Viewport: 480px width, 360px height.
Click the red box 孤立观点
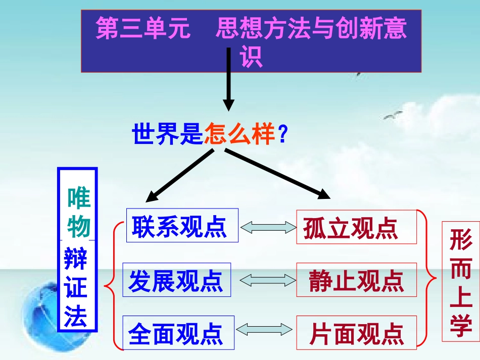pyautogui.click(x=356, y=227)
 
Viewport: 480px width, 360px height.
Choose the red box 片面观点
pyautogui.click(x=356, y=333)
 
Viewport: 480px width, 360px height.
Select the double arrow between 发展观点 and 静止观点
pyautogui.click(x=268, y=280)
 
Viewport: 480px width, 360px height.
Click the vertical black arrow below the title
pyautogui.click(x=229, y=81)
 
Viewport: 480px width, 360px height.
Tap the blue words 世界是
pyautogui.click(x=167, y=135)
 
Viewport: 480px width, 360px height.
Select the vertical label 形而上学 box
pyautogui.click(x=460, y=281)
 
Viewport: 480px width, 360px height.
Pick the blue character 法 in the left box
pyautogui.click(x=76, y=318)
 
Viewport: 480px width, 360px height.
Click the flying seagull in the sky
pyautogui.click(x=393, y=116)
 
